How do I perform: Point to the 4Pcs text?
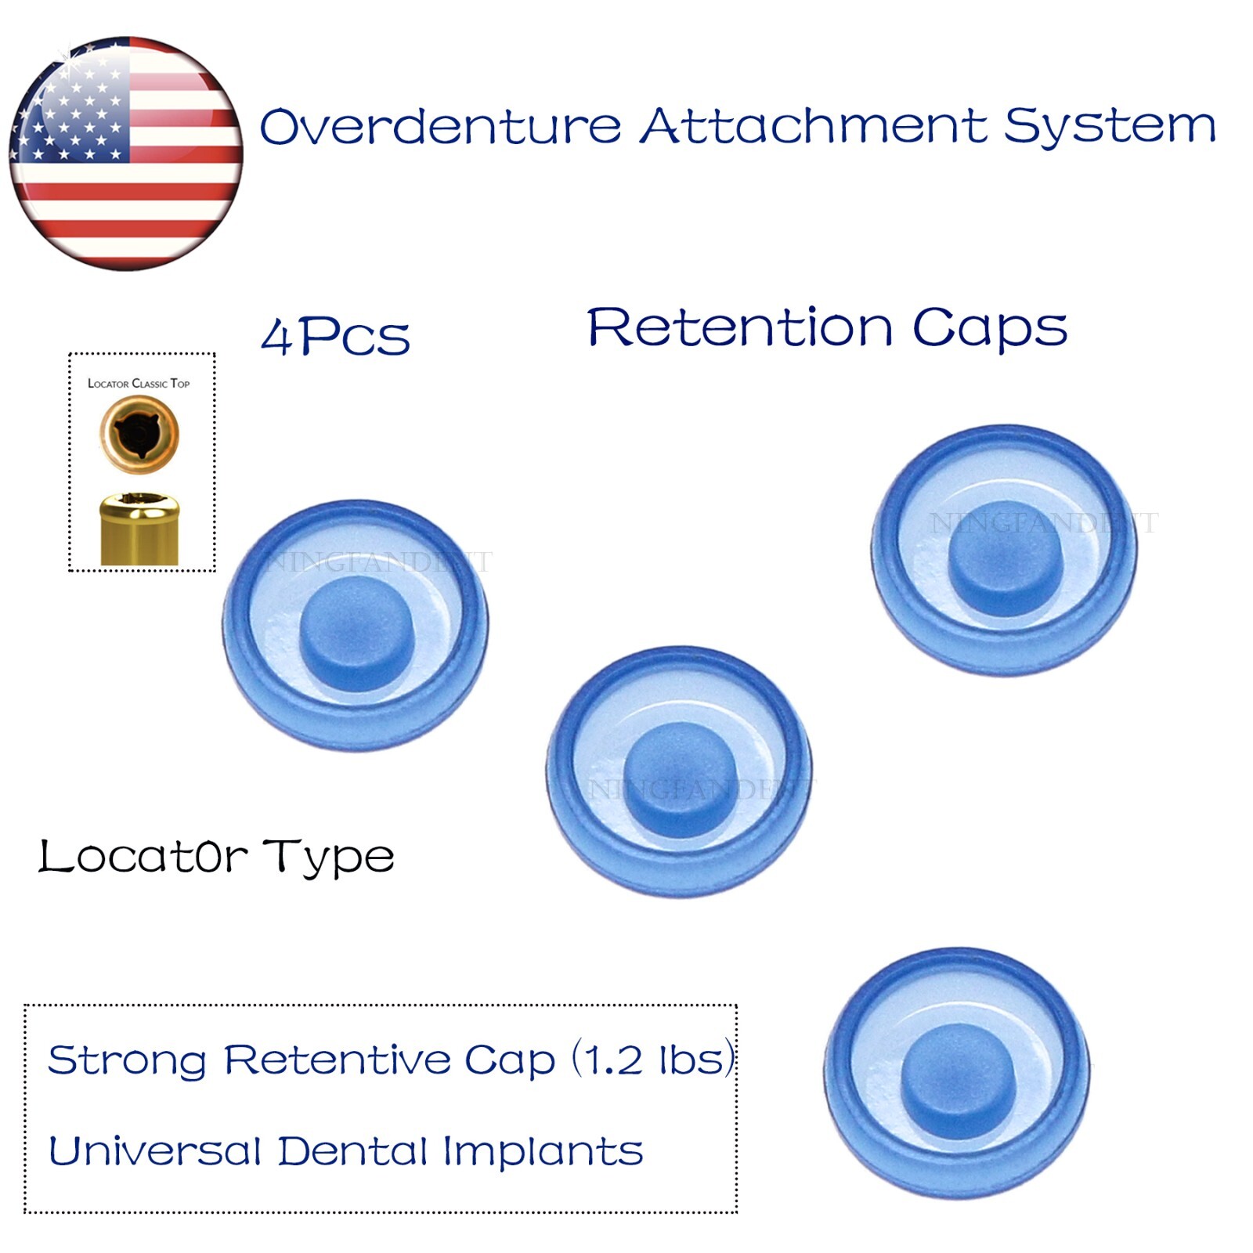(x=335, y=338)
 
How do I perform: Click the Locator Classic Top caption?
(x=139, y=384)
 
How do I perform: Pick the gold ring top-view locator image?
(x=139, y=434)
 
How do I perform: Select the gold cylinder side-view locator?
(x=139, y=529)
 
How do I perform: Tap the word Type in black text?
(x=328, y=858)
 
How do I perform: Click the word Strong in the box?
(x=127, y=1060)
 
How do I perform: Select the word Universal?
(x=155, y=1151)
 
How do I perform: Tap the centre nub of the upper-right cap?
(x=1005, y=558)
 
